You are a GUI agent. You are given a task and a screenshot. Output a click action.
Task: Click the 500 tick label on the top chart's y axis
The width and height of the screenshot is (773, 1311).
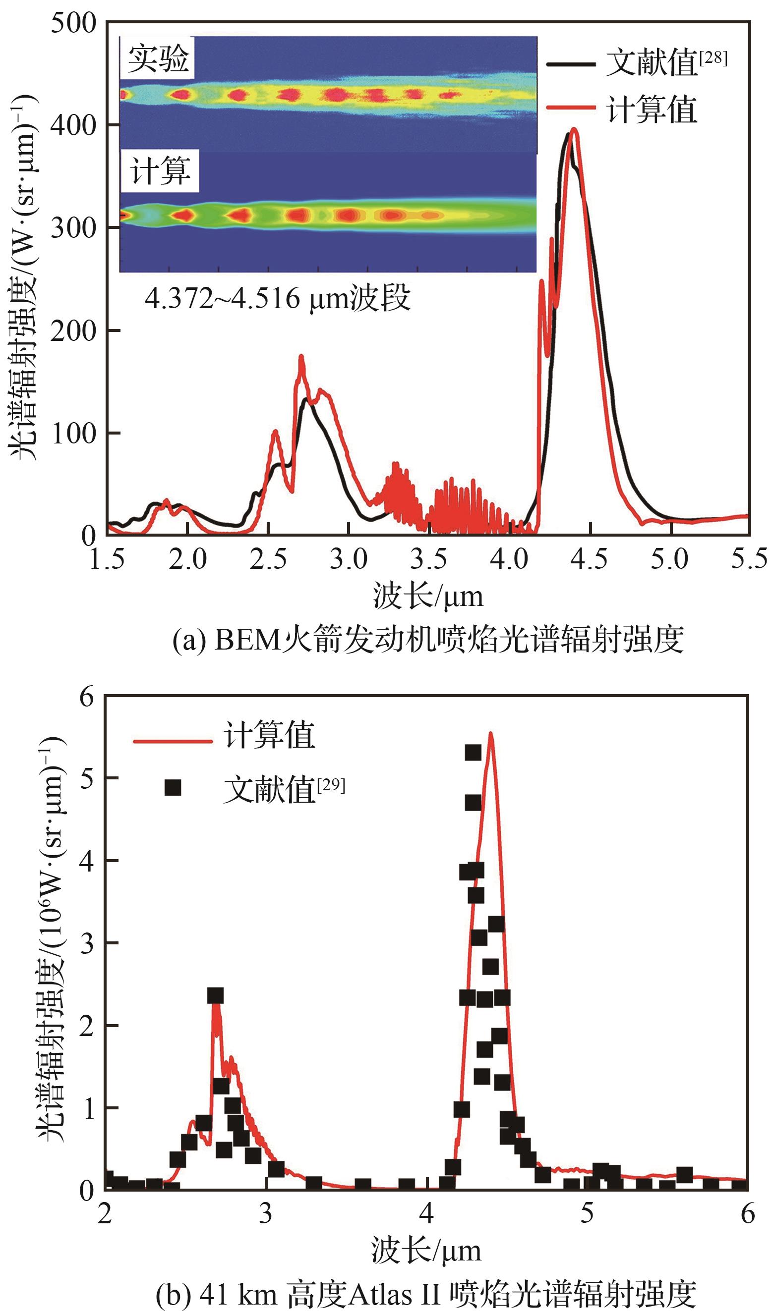pyautogui.click(x=73, y=23)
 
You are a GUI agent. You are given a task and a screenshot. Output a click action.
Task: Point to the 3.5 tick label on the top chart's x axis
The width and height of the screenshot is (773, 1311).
pyautogui.click(x=428, y=560)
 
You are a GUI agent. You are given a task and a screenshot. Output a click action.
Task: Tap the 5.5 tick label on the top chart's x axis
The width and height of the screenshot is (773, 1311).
pyautogui.click(x=749, y=559)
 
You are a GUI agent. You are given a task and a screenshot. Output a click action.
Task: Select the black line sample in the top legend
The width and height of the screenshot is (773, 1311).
pyautogui.click(x=571, y=64)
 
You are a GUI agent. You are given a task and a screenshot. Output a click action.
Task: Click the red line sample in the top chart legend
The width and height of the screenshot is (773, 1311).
pyautogui.click(x=571, y=108)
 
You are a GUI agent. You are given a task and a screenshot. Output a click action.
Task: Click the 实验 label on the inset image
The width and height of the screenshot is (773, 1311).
pyautogui.click(x=158, y=58)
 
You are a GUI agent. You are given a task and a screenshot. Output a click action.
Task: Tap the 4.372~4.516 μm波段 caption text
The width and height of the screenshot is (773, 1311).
pyautogui.click(x=278, y=298)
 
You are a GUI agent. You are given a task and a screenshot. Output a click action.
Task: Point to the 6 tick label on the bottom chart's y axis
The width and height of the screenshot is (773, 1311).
pyautogui.click(x=86, y=696)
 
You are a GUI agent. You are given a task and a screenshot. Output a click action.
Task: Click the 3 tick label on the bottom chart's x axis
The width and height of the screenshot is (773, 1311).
pyautogui.click(x=266, y=1214)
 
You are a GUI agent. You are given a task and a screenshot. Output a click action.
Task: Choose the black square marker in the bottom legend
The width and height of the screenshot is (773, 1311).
pyautogui.click(x=173, y=787)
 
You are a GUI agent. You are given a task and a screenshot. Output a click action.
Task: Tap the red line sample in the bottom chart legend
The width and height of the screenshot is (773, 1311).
pyautogui.click(x=173, y=741)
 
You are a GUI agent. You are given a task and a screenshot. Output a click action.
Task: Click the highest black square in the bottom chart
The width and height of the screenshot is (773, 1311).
pyautogui.click(x=473, y=753)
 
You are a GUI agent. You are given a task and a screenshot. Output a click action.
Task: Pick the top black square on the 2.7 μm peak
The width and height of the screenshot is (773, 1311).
pyautogui.click(x=215, y=996)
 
